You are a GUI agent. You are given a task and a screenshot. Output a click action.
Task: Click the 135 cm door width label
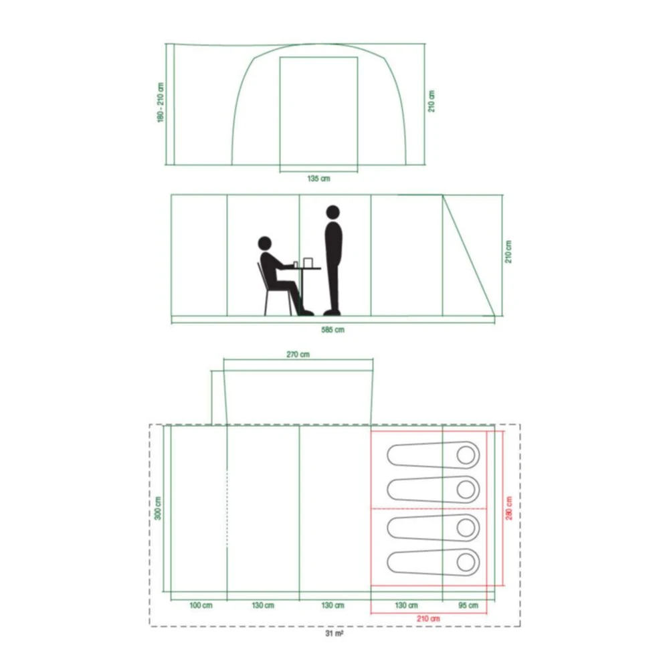(x=318, y=179)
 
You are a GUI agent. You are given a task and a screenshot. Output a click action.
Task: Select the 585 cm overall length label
(x=332, y=329)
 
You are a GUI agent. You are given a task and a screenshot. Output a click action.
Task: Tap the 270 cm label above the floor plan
(x=298, y=355)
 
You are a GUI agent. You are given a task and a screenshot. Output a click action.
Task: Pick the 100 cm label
(x=199, y=605)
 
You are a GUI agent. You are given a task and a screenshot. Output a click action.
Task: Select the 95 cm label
(x=468, y=605)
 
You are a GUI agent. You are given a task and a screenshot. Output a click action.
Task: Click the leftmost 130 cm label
(x=263, y=605)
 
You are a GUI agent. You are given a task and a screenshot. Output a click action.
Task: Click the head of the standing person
(x=332, y=213)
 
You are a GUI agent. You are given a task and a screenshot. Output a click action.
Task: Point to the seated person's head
(x=265, y=243)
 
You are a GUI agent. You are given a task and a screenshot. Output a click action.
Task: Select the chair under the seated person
(x=268, y=294)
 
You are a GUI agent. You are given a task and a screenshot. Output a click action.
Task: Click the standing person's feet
(x=332, y=311)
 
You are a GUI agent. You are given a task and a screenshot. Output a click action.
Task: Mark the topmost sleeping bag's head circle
(x=467, y=456)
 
